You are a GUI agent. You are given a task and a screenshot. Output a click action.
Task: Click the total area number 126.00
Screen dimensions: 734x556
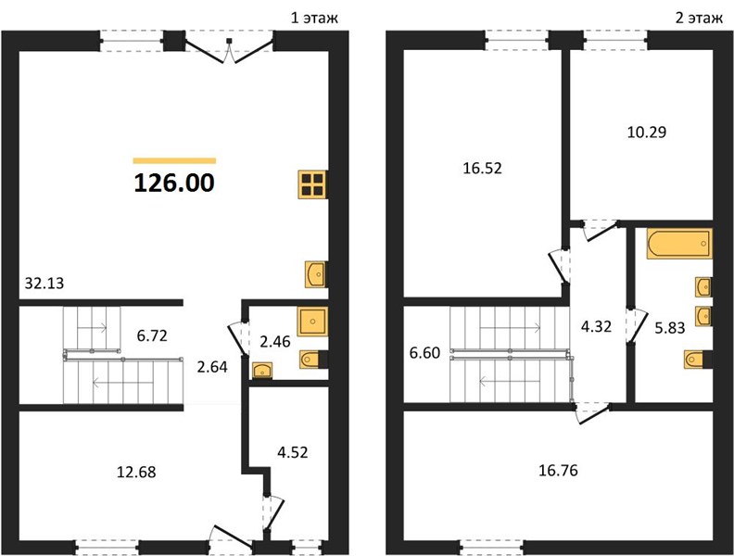174,183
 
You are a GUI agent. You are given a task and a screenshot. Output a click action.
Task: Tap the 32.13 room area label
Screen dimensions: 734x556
44,284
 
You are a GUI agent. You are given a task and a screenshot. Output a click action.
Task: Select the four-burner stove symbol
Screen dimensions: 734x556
312,184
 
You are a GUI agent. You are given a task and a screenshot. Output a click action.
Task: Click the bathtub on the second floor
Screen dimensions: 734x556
679,244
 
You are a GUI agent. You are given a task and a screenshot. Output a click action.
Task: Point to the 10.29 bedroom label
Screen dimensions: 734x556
647,133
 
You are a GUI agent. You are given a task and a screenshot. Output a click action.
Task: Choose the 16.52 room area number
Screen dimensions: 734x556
482,168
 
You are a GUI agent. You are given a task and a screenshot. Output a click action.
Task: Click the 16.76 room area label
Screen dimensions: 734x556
558,470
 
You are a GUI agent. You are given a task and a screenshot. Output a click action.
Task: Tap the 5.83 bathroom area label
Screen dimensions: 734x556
670,328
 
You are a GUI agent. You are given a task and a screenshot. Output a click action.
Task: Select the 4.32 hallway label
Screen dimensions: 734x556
596,326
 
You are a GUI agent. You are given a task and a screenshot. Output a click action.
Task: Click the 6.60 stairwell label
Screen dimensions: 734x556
424,353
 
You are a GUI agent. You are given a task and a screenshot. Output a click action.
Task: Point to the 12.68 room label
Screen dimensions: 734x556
135,472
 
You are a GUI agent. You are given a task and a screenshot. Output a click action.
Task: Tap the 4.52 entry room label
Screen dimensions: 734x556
293,452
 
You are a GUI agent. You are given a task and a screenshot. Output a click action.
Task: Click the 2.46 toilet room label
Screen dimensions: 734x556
274,342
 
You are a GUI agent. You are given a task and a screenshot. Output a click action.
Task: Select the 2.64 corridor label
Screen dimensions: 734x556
212,367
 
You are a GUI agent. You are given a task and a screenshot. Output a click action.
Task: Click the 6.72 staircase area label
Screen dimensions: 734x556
152,335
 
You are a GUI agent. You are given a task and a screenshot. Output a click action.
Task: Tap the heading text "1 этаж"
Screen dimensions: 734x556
314,18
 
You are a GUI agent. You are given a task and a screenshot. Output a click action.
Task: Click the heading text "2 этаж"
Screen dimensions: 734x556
699,18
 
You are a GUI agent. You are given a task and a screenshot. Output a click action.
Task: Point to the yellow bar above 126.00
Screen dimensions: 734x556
174,160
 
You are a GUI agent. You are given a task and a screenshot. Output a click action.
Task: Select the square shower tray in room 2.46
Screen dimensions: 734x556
312,322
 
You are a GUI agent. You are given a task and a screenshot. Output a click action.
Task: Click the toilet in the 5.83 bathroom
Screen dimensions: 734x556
698,360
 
